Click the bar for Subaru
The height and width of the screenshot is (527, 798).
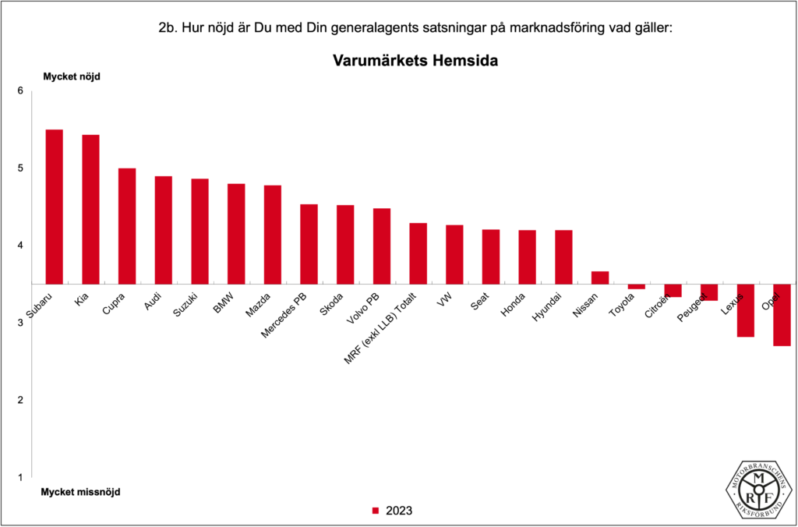[x=55, y=207]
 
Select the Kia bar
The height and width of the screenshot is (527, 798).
[x=90, y=209]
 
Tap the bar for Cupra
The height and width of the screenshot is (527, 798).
[x=127, y=226]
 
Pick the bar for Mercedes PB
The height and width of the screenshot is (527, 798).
[x=309, y=244]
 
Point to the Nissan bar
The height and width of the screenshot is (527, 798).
[x=599, y=278]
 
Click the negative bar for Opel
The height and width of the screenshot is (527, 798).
[x=782, y=315]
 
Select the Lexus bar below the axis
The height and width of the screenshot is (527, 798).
[x=745, y=310]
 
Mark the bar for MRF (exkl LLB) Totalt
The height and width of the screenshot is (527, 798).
[x=418, y=253]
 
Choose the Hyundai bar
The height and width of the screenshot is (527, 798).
[x=563, y=256]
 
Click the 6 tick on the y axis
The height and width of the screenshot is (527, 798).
[x=20, y=91]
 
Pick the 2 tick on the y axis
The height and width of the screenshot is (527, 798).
[x=20, y=400]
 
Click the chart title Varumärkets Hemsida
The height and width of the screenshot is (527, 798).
[x=415, y=60]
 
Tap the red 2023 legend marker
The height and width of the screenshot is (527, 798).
[x=374, y=511]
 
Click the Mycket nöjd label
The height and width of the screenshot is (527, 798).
[x=71, y=76]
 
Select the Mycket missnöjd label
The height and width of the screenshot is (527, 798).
[x=80, y=492]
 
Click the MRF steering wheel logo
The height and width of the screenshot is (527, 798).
[x=757, y=488]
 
